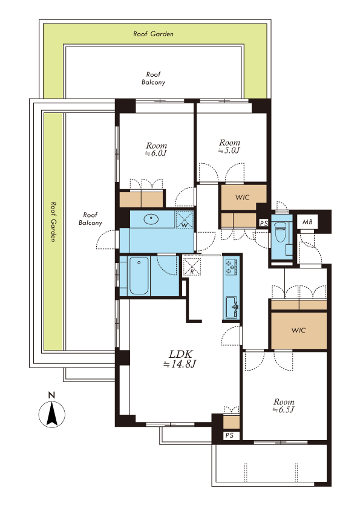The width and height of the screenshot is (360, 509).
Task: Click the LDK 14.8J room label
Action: pos(180,358)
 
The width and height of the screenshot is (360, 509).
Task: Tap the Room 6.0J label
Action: pos(156,149)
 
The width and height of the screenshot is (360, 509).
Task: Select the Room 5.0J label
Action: pos(229,146)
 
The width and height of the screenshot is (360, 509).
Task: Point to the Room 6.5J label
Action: pos(284,406)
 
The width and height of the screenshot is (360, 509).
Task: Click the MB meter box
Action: pos(307,222)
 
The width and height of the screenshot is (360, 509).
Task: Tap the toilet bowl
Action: pos(280,231)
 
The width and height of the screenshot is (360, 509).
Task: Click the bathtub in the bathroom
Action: pos(139,276)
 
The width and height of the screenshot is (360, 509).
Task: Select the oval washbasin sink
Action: pos(151,219)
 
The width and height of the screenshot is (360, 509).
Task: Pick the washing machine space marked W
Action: pos(184,219)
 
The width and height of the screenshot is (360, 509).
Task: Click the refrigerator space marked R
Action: pos(192,265)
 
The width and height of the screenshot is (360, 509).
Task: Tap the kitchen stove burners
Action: pos(231,267)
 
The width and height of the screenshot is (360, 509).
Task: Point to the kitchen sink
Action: pos(232,306)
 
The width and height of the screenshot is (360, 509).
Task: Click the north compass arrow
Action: pos(51,413)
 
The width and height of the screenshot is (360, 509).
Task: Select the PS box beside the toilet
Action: pos(264,223)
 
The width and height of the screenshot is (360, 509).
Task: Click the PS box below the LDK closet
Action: pos(229,435)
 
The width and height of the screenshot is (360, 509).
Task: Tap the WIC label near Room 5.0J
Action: pos(243,197)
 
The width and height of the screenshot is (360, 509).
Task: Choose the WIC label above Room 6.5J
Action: pos(298,330)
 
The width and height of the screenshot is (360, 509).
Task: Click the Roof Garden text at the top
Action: pos(153,34)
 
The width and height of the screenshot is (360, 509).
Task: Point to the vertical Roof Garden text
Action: pos(53,221)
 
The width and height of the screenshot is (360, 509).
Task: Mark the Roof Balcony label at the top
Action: pos(153,78)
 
